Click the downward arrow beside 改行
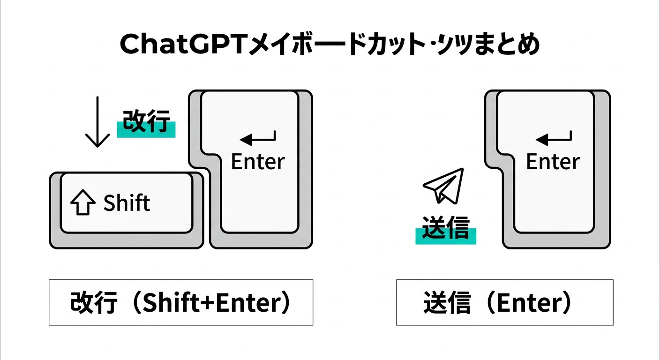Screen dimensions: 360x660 (97, 122)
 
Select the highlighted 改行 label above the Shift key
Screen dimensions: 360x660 (146, 123)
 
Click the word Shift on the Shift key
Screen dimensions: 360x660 (127, 203)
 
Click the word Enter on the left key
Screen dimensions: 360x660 (258, 162)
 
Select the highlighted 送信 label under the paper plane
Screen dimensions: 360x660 (445, 230)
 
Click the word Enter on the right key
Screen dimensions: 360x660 (553, 162)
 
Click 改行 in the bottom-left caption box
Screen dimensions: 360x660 (93, 303)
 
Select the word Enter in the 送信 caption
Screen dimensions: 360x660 (528, 303)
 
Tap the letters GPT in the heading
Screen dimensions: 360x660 (220, 46)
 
